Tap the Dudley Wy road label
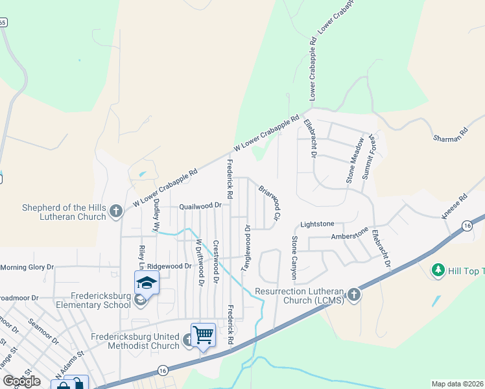click(156, 215)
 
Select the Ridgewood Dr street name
click(170, 266)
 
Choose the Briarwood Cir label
click(268, 203)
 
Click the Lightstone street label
click(317, 224)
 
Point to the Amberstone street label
click(349, 233)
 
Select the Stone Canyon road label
click(294, 258)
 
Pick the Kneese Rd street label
click(455, 206)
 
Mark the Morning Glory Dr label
click(27, 267)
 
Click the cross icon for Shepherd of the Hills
click(116, 211)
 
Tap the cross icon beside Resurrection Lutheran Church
click(353, 295)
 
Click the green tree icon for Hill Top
click(439, 269)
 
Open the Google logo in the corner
click(21, 381)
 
